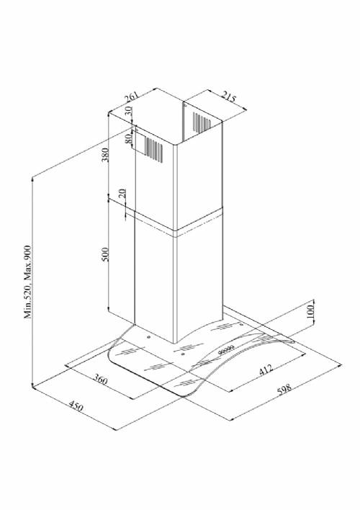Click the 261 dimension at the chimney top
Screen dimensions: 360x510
pos(131,97)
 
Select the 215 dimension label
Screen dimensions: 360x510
pos(229,97)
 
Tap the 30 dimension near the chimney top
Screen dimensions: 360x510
pos(128,111)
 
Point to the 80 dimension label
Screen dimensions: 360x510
pos(128,138)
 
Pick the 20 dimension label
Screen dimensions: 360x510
pos(122,194)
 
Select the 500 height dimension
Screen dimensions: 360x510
pos(105,255)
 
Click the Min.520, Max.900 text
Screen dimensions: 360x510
pos(28,282)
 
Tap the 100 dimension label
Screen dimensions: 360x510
pos(310,311)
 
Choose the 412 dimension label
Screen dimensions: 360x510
pos(266,370)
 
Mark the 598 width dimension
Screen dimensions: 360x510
pos(284,389)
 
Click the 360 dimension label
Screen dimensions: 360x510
pos(101,379)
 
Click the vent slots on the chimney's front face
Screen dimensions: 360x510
pos(154,150)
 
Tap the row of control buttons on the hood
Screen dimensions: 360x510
pos(226,350)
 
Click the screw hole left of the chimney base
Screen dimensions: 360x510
pos(148,337)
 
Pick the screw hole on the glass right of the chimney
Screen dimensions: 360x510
pos(241,324)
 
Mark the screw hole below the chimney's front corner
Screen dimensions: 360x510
pos(183,354)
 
